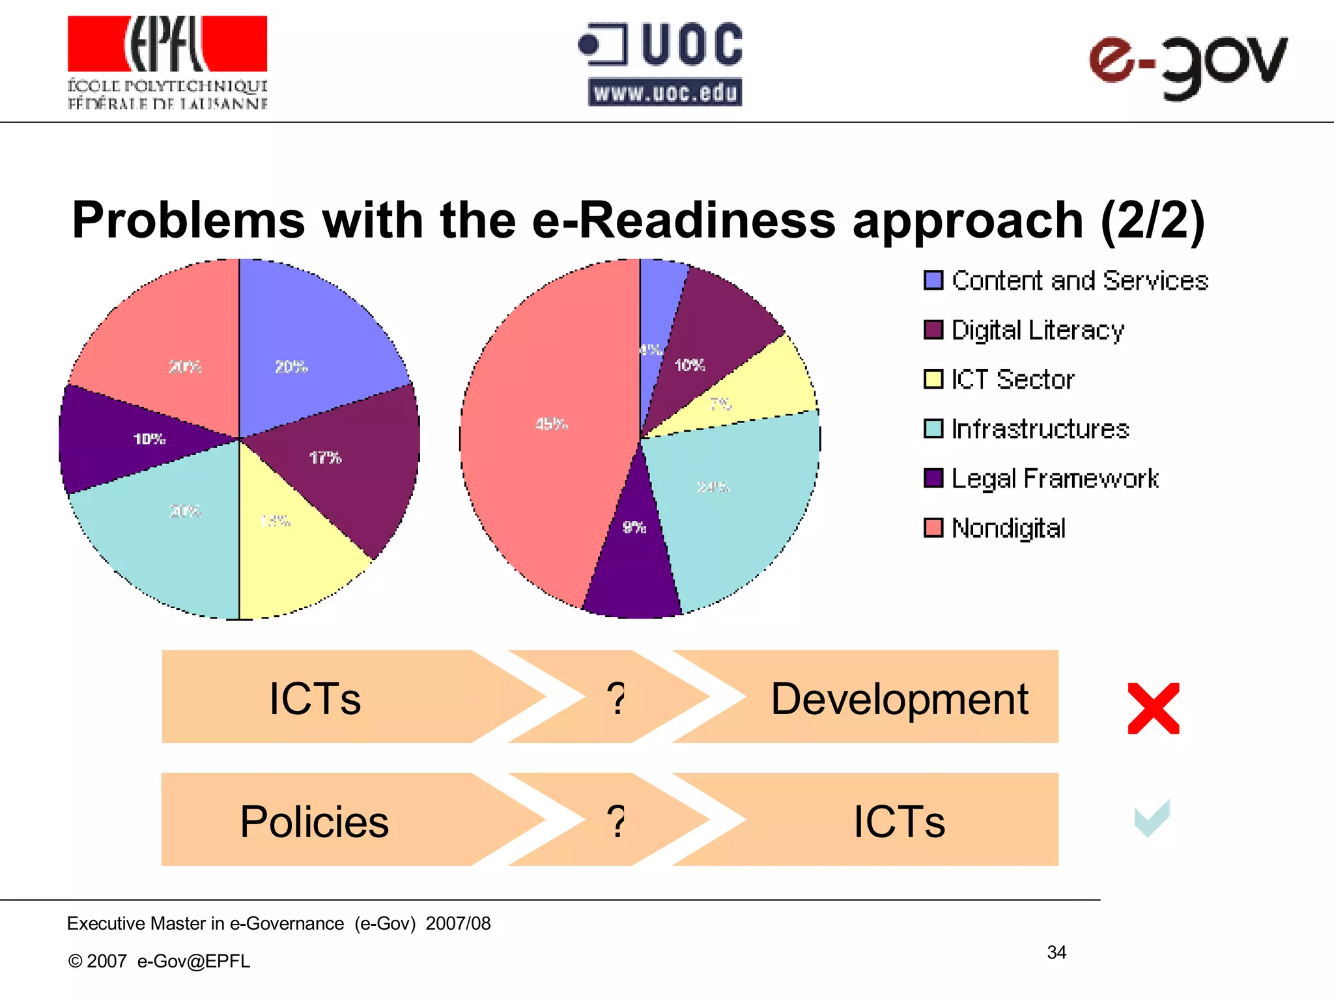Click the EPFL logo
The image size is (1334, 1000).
[x=167, y=62]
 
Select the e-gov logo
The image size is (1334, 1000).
[x=1187, y=65]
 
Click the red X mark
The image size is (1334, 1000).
[x=1153, y=708]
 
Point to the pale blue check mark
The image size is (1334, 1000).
[x=1152, y=818]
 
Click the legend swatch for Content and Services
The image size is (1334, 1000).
[x=933, y=281]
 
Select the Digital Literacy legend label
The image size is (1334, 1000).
[x=1038, y=330]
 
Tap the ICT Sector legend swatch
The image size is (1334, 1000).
[x=933, y=379]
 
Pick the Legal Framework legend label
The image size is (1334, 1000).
[x=1055, y=479]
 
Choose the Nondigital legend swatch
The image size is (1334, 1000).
[x=933, y=527]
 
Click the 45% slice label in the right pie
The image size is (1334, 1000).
[x=551, y=424]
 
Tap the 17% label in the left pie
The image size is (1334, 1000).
[x=325, y=458]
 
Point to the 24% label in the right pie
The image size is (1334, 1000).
[x=713, y=487]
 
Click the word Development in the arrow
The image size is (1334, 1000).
[x=899, y=699]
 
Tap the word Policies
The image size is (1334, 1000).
[x=314, y=822]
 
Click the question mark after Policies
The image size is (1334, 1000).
[x=616, y=821]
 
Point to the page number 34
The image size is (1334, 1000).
[x=1057, y=952]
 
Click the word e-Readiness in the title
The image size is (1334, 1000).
[x=684, y=220]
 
